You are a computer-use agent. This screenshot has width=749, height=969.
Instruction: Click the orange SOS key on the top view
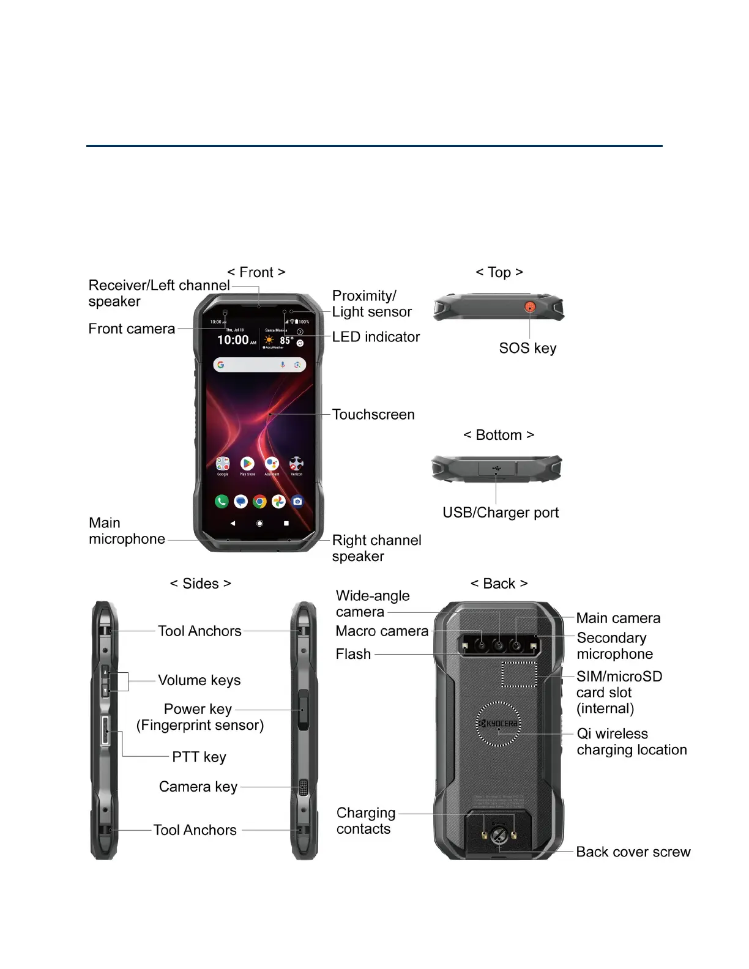pos(530,306)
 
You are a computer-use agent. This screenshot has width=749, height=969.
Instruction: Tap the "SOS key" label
pos(527,348)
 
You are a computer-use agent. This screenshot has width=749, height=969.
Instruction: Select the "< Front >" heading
pos(256,272)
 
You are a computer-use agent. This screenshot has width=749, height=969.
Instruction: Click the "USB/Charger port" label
pos(501,513)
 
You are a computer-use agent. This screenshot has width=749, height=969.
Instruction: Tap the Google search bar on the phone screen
pos(259,365)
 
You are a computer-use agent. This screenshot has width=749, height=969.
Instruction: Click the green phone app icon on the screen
pos(222,502)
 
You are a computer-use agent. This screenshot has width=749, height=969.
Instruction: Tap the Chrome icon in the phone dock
pos(259,502)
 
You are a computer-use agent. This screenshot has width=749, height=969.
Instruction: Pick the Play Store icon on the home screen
pos(247,464)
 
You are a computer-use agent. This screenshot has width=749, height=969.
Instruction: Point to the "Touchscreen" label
pos(373,415)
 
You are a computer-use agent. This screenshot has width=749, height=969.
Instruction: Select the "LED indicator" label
pos(376,337)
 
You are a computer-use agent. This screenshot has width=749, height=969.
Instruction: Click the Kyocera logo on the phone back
pos(499,724)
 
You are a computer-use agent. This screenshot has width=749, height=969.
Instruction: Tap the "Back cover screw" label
pos(633,852)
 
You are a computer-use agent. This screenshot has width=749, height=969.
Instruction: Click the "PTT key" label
pos(199,757)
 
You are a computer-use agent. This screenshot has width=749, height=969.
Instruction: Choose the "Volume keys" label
pos(199,680)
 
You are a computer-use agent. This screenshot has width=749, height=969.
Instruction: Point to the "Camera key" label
pos(198,787)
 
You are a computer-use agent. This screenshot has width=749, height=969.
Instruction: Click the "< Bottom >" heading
pos(499,435)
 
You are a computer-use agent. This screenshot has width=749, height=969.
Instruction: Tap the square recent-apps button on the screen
pos(286,524)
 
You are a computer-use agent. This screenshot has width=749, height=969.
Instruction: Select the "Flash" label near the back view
pos(353,654)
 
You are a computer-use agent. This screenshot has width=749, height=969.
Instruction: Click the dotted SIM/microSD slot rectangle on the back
pos(520,674)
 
